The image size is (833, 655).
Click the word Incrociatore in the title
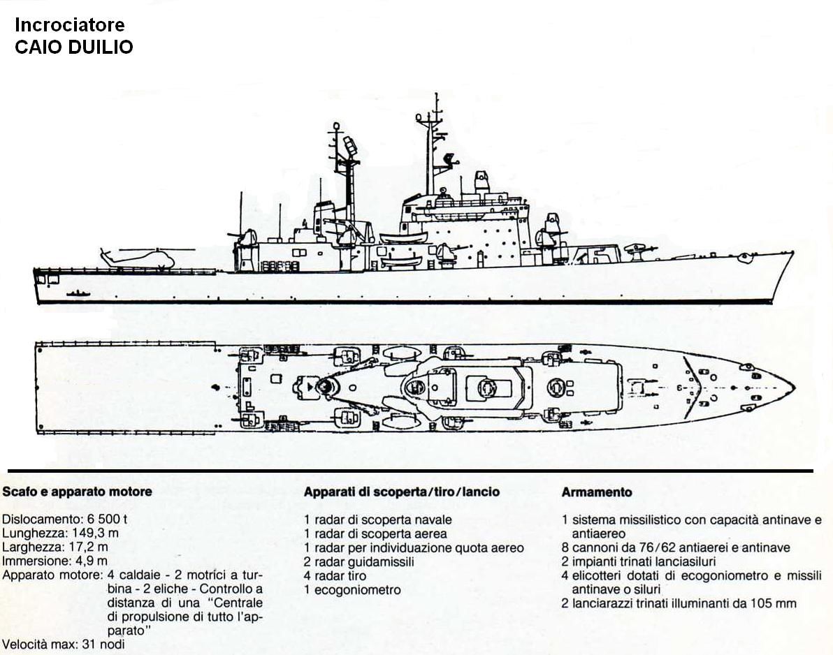pyautogui.click(x=70, y=25)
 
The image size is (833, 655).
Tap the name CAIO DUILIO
pyautogui.click(x=73, y=47)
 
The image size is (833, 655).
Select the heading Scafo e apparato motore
pyautogui.click(x=77, y=492)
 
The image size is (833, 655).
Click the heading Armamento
pyautogui.click(x=597, y=492)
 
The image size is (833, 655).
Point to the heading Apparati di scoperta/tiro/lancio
pyautogui.click(x=402, y=492)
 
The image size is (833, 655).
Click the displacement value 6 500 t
pyautogui.click(x=104, y=519)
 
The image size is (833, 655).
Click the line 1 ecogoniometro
pyautogui.click(x=352, y=590)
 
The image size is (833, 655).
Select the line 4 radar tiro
pyautogui.click(x=335, y=575)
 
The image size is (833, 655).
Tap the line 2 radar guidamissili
pyautogui.click(x=358, y=561)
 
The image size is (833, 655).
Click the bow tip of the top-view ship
pyautogui.click(x=795, y=388)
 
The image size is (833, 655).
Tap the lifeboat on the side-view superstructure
pyautogui.click(x=403, y=237)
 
